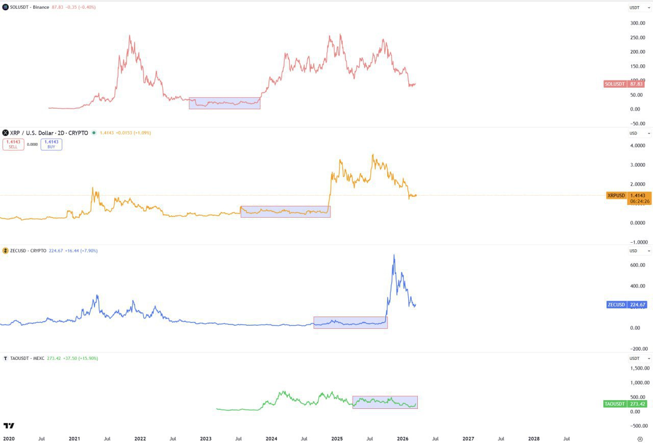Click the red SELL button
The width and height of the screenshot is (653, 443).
coord(13,144)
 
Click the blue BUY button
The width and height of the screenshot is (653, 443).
coord(52,144)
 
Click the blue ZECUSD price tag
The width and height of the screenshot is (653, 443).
coord(626,305)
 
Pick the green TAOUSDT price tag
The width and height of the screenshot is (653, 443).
coord(625,404)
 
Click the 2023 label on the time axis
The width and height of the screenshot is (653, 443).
coord(206,438)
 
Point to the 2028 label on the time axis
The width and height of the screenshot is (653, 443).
coord(534,438)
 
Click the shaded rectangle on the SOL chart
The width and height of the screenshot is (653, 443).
coord(224,103)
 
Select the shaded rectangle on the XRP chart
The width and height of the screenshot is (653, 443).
coord(285,212)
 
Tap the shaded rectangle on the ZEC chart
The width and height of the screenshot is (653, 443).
coord(350,322)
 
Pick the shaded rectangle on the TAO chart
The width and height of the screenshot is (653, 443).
coord(385,402)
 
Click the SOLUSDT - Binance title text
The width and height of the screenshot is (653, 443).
coord(30,7)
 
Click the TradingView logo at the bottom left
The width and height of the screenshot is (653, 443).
coord(9,426)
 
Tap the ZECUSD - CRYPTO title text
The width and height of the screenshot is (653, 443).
coord(28,251)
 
